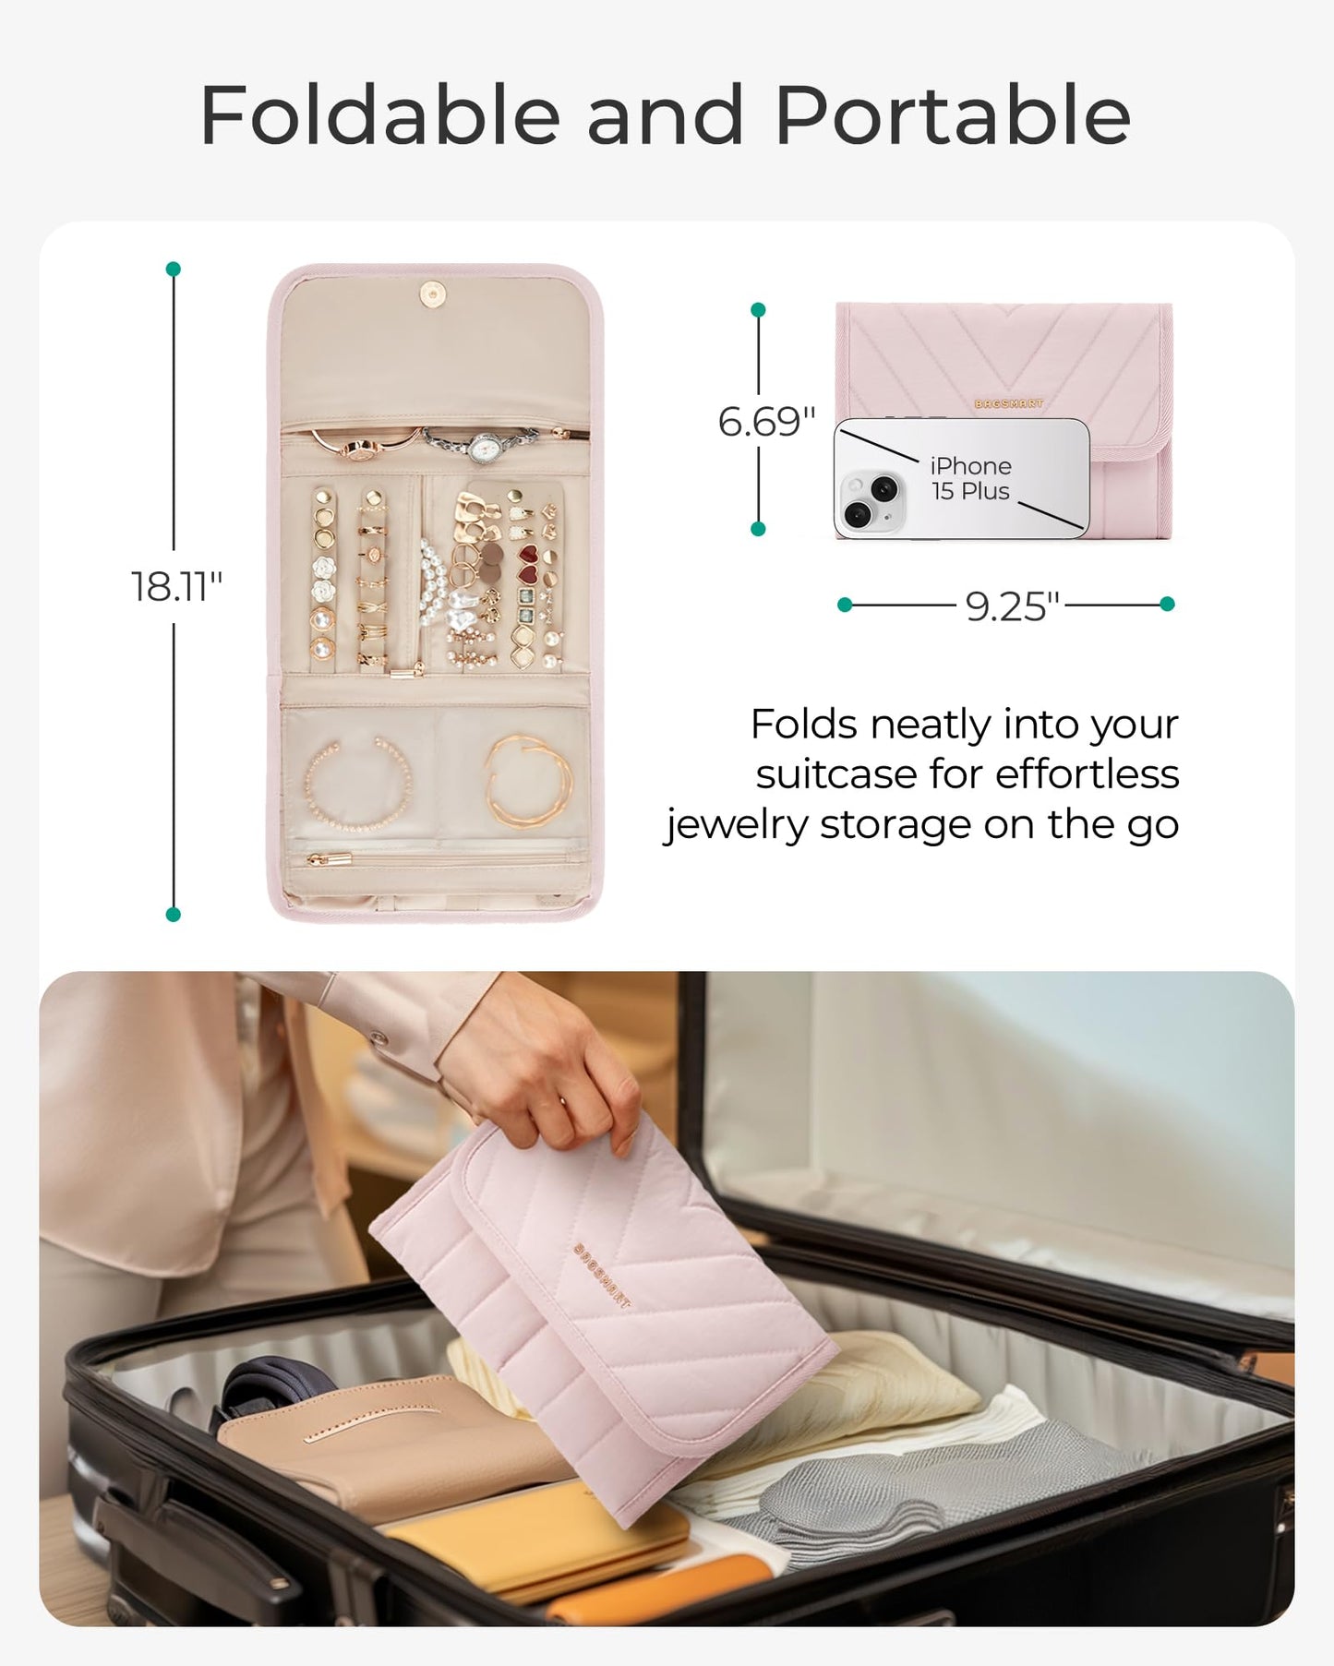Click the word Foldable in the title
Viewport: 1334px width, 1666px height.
379,115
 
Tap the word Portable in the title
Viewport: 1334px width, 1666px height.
952,115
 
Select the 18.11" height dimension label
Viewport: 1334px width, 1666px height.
176,587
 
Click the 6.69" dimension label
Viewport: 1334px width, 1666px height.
766,423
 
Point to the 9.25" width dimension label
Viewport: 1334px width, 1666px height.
1012,606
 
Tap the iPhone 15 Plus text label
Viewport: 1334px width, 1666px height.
970,478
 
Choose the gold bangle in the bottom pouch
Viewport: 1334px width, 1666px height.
529,780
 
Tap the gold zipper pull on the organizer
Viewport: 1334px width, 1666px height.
328,859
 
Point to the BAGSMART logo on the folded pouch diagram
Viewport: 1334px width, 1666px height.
1008,403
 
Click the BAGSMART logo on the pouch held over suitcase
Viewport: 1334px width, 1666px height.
603,1276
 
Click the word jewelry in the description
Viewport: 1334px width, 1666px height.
736,824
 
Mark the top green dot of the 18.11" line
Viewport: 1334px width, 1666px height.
173,269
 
